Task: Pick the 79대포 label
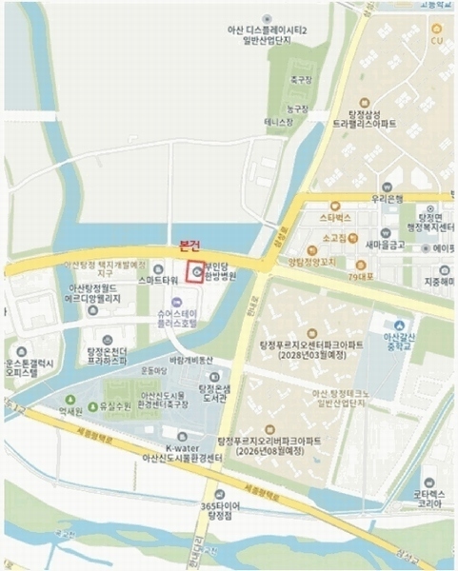point(361,277)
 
